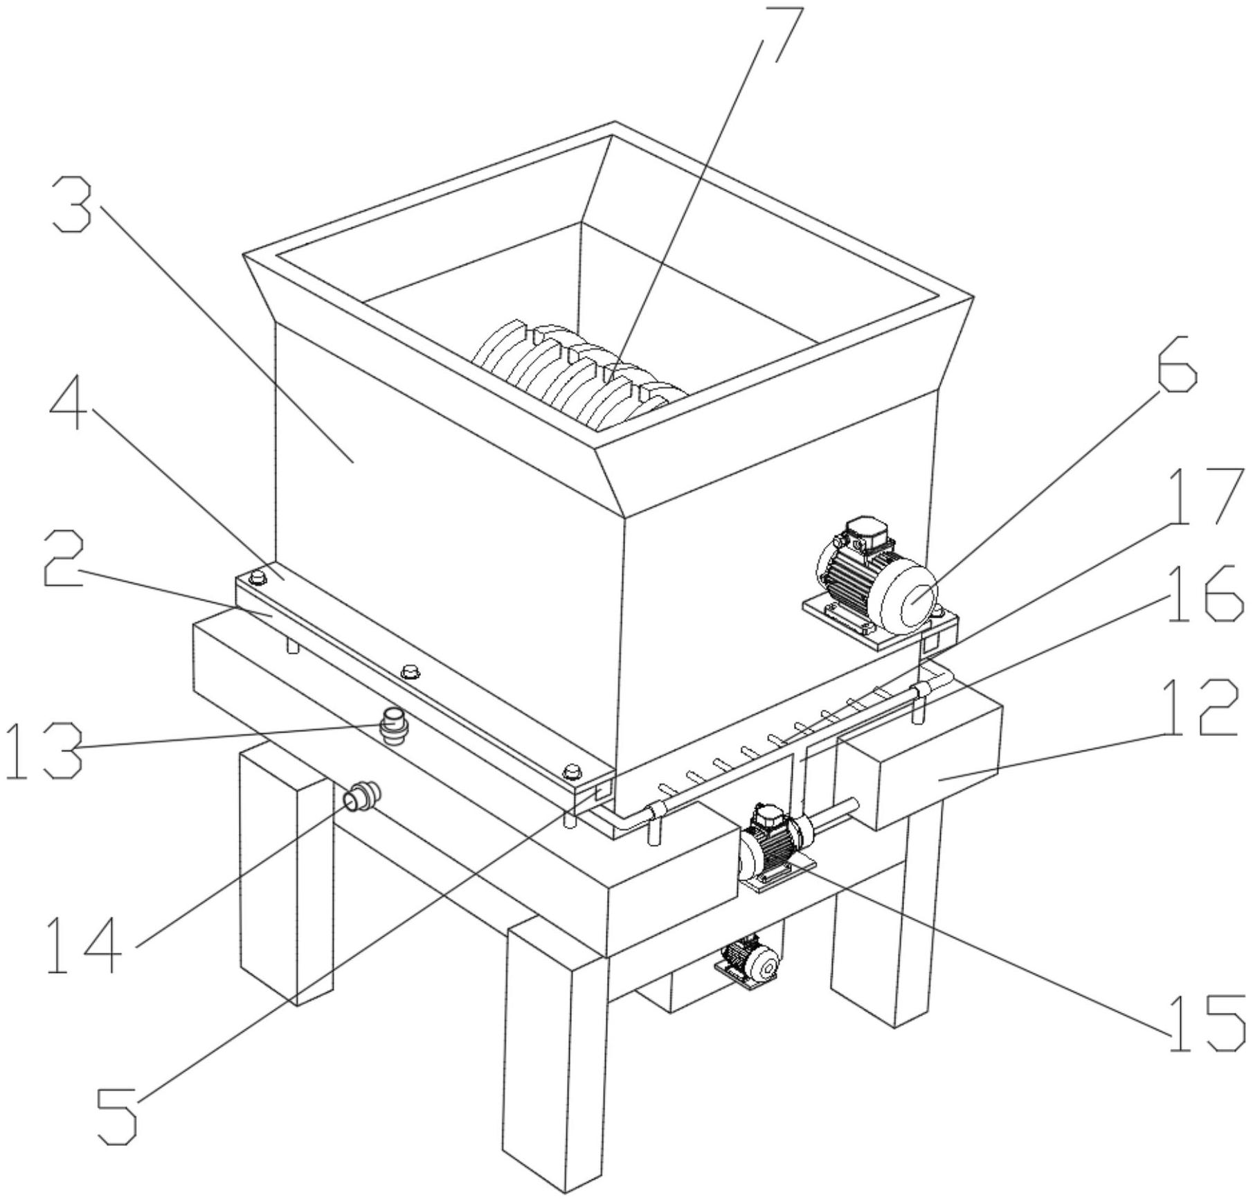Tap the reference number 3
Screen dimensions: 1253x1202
tap(73, 206)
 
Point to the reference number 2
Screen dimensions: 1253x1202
tap(63, 559)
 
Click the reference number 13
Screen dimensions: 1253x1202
tap(44, 751)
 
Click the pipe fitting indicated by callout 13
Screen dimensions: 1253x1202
tap(395, 724)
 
